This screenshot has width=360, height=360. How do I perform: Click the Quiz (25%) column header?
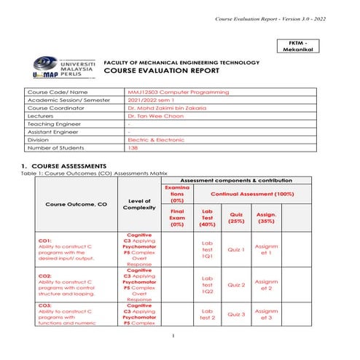click(236, 217)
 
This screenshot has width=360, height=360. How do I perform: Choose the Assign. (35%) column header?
click(266, 217)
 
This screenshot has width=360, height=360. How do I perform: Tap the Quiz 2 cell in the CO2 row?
click(236, 285)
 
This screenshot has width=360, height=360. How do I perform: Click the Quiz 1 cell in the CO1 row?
click(236, 249)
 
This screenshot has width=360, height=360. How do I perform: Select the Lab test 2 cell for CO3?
click(207, 314)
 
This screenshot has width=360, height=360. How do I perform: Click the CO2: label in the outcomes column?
click(44, 276)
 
